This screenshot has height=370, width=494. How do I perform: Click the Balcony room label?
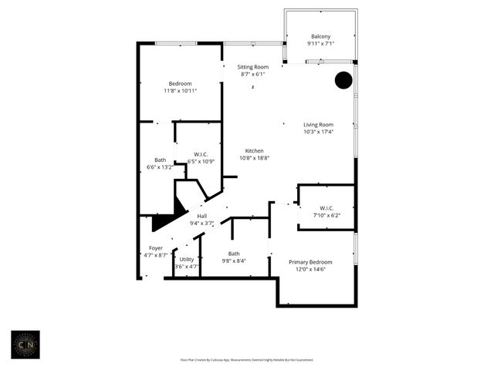point(321,37)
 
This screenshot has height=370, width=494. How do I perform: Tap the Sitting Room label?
point(252,68)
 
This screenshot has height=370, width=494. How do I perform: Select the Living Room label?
point(318,125)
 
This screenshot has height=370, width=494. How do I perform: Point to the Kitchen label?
point(255,150)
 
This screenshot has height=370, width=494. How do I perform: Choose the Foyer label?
point(156,248)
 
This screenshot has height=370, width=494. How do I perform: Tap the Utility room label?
point(187,259)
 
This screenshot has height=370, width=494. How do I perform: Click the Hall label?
point(201,216)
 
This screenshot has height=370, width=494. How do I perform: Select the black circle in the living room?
point(343,80)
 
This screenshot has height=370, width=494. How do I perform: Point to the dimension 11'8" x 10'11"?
point(180,91)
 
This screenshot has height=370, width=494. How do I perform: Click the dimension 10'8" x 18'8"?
point(255,158)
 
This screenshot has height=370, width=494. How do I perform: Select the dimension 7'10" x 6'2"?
point(326,215)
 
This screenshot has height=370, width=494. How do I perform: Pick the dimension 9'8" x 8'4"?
point(234,261)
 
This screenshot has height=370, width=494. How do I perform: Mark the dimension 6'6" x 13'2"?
point(160,167)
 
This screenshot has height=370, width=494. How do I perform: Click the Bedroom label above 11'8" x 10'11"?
point(180,83)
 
